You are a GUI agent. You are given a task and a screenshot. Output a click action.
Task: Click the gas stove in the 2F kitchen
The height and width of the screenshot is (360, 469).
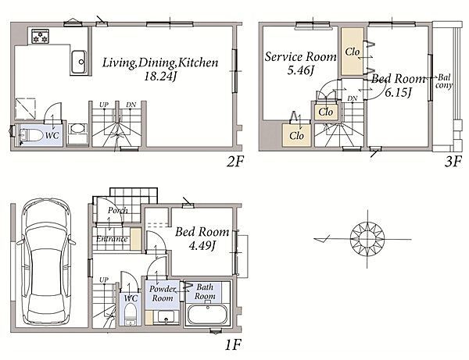[x=40, y=36]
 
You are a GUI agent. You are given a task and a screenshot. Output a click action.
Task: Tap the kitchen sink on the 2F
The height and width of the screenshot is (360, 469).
[x=79, y=62]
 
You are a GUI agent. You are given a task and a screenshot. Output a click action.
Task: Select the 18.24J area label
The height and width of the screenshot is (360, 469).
[x=160, y=77]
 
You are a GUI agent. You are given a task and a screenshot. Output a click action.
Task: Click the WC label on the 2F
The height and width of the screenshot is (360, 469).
[x=52, y=135]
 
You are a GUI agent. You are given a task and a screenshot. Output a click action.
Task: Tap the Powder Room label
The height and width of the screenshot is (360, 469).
[x=162, y=294]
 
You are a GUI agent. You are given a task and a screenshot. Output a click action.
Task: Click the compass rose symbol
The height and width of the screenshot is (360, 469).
[x=367, y=239]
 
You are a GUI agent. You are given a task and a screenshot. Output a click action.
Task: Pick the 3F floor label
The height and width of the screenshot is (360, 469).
[x=453, y=162]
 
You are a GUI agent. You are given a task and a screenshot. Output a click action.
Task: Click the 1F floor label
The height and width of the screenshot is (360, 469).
[x=233, y=344]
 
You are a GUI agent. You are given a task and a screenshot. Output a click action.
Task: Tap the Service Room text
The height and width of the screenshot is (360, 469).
[x=300, y=56]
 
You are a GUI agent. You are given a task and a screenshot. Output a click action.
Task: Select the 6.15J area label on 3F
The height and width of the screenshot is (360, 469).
[x=399, y=92]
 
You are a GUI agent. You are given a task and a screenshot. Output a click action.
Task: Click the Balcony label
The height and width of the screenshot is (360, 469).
[x=444, y=81]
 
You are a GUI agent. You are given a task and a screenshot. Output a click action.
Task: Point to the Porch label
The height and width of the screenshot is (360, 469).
[x=118, y=211]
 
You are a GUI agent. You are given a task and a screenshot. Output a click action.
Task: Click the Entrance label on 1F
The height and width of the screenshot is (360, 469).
[x=112, y=239]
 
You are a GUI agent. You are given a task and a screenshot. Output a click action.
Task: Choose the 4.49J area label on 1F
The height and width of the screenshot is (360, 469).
[x=202, y=245]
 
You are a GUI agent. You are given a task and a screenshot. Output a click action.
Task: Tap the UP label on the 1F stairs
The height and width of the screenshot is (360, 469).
[x=103, y=280]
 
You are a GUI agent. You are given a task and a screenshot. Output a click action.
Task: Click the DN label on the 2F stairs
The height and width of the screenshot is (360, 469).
[x=131, y=105]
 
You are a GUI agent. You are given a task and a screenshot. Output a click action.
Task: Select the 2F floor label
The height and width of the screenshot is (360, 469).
[x=235, y=162]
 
